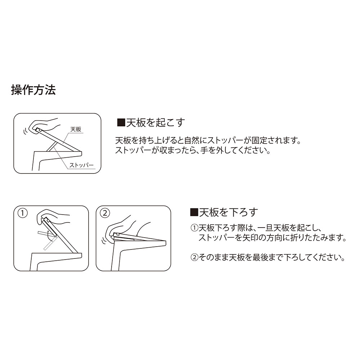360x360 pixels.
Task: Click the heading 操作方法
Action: click(33, 90)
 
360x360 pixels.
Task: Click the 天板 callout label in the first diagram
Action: click(76, 129)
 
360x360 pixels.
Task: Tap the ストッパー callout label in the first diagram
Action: click(81, 165)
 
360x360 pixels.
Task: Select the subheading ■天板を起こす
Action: click(151, 123)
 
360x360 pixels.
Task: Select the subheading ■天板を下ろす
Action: click(224, 212)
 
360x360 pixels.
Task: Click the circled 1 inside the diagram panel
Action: click(22, 213)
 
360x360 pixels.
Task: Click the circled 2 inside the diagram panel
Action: click(105, 213)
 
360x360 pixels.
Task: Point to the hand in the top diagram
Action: click(45, 126)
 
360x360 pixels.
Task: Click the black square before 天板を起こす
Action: click(121, 123)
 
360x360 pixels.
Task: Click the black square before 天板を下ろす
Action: click(194, 213)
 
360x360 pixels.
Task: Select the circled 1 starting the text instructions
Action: click(194, 228)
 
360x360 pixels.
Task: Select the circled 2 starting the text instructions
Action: click(194, 257)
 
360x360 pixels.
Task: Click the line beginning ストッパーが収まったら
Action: click(192, 150)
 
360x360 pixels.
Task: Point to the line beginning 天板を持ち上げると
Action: click(208, 140)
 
